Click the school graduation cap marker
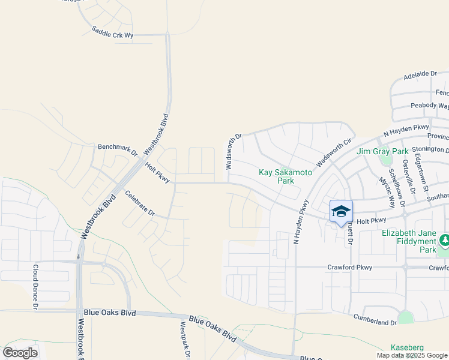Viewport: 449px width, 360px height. (x=341, y=211)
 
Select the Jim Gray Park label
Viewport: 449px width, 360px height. (x=382, y=152)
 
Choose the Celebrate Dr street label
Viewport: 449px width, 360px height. (x=140, y=203)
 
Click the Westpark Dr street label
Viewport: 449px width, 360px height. (x=185, y=340)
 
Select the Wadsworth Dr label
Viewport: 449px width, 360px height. (x=234, y=151)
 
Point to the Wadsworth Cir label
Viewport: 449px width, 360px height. (x=333, y=154)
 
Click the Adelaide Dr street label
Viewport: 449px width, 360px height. (x=421, y=74)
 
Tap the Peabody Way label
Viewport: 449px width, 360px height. (x=429, y=106)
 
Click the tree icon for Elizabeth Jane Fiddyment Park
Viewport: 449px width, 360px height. (x=444, y=241)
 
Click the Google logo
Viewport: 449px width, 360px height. (x=20, y=352)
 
